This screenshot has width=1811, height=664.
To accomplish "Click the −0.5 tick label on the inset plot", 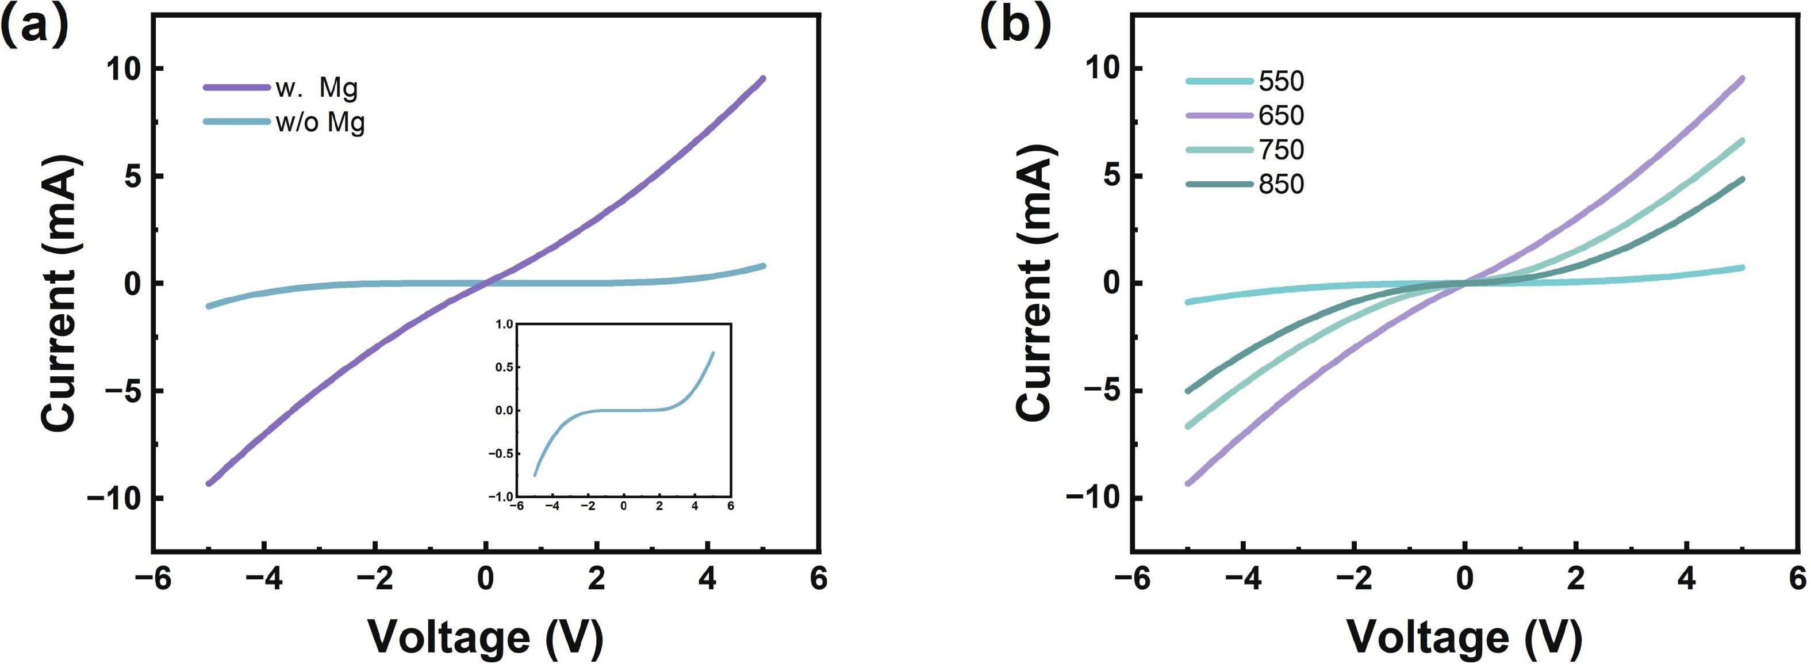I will (x=501, y=453).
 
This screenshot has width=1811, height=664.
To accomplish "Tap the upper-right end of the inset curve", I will (x=713, y=353).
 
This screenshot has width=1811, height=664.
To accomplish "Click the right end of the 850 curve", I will (x=1742, y=180).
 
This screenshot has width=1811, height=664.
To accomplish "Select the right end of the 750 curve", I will (x=1742, y=140).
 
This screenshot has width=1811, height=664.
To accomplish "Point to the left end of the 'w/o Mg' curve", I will (x=208, y=306).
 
